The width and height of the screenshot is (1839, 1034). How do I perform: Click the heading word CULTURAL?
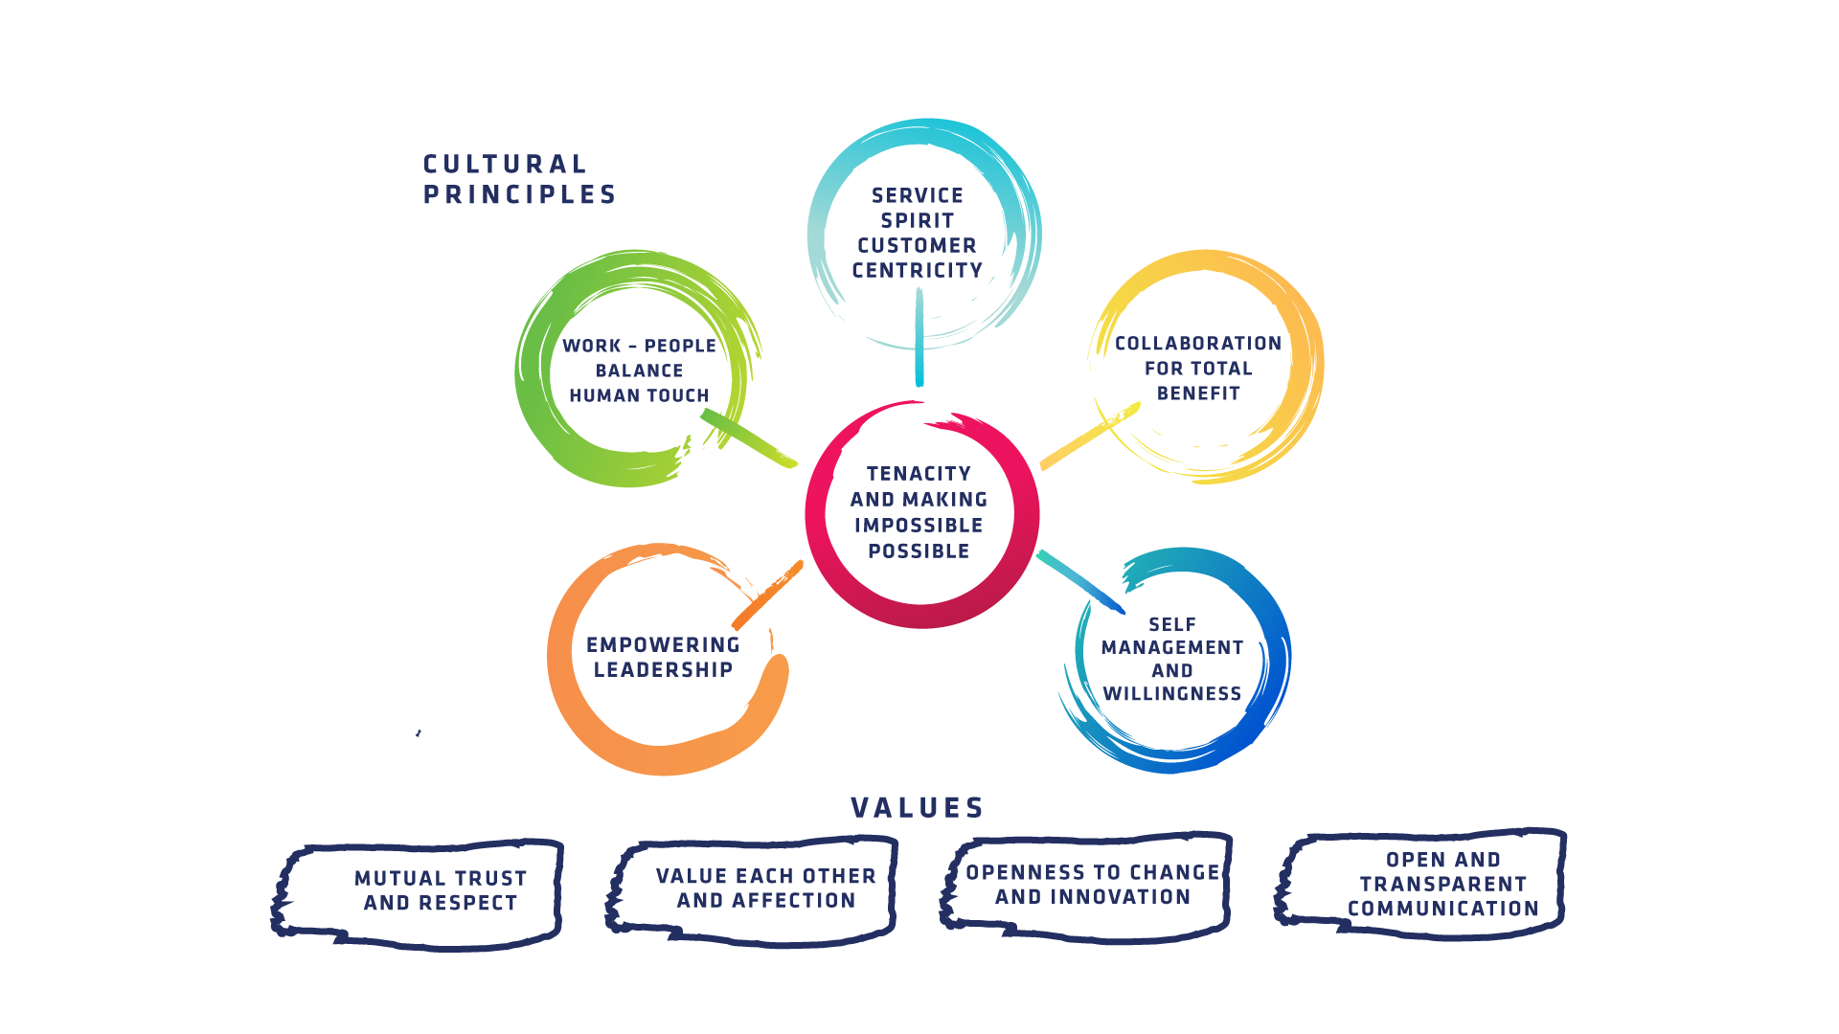tap(505, 165)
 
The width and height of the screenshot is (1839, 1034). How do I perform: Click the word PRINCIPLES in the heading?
tap(520, 195)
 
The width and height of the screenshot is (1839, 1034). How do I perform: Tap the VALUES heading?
tap(918, 808)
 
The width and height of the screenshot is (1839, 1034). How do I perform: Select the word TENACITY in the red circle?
tap(919, 474)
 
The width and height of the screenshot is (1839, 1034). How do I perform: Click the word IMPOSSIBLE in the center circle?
tap(919, 526)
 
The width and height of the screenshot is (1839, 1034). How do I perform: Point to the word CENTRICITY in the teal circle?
tap(918, 271)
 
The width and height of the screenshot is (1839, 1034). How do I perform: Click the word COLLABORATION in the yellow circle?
tap(1198, 344)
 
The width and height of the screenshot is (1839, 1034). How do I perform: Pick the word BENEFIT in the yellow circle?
tap(1198, 393)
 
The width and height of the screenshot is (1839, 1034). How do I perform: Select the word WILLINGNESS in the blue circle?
tap(1172, 694)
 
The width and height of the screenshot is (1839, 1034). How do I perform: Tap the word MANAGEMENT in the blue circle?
tap(1172, 648)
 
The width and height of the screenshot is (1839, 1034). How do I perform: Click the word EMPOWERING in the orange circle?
tap(663, 645)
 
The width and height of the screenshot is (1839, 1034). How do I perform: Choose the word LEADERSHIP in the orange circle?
tap(663, 670)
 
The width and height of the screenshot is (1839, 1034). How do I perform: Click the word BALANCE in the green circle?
tap(639, 371)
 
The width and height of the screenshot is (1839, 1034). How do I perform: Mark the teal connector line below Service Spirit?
tap(919, 337)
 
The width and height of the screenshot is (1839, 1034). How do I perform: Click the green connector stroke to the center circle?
tap(749, 438)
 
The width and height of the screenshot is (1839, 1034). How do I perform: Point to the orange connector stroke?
tap(767, 595)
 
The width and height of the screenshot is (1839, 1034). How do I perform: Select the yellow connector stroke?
tap(1090, 436)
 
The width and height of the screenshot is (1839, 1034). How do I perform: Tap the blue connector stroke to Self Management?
tap(1080, 581)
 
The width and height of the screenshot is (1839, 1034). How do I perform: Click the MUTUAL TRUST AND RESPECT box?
tap(418, 894)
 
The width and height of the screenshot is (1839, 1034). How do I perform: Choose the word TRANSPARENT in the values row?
tap(1442, 885)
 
